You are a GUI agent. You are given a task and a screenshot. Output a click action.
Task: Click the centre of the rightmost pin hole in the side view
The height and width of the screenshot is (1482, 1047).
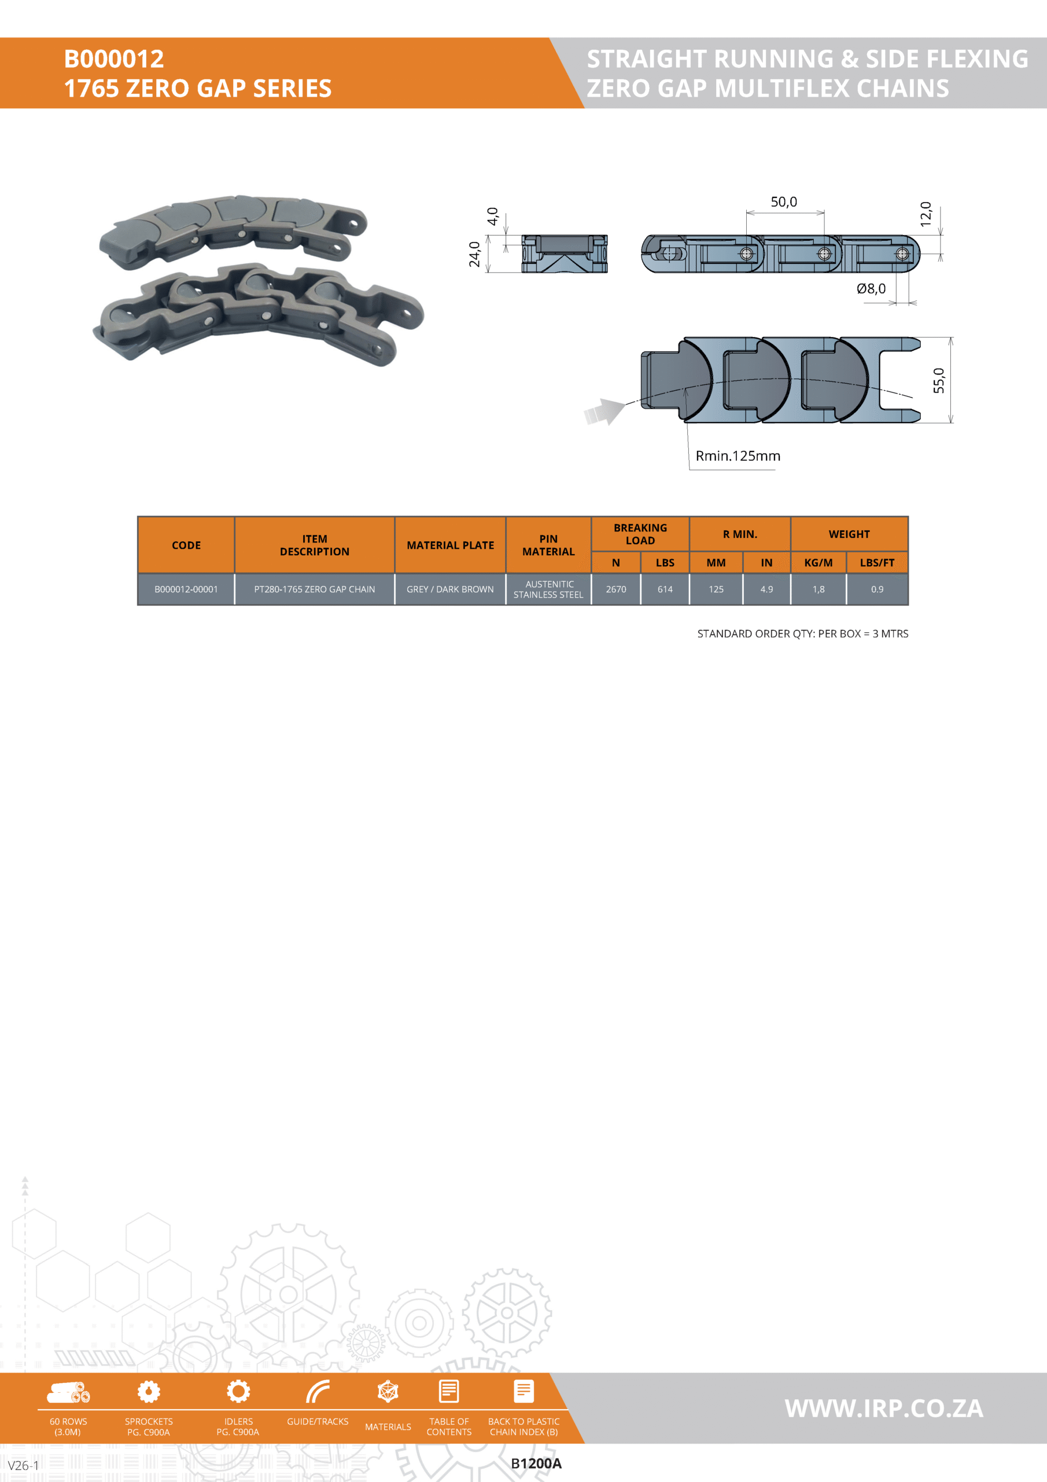coord(902,254)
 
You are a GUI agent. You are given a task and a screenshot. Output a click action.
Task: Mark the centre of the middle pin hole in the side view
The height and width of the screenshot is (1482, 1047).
coord(824,254)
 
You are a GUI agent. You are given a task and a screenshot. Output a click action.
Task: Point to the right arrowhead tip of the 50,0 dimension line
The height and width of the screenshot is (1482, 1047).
coord(824,212)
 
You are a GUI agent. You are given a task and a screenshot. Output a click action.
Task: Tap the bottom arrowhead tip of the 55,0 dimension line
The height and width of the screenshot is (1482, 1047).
coord(951,423)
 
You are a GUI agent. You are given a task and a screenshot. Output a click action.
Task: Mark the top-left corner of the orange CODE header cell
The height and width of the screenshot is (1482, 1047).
coord(138,516)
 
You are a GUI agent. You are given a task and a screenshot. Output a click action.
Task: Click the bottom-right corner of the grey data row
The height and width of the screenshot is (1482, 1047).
coord(908,605)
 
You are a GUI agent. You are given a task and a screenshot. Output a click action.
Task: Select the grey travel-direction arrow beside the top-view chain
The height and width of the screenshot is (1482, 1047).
coord(604,411)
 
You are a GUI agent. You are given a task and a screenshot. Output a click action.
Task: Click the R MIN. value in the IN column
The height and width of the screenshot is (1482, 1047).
coord(766,589)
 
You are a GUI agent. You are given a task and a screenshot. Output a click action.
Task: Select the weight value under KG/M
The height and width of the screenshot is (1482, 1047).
coord(819,589)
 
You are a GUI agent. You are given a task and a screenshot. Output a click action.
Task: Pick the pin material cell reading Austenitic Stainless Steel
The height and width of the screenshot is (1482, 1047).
coord(548,589)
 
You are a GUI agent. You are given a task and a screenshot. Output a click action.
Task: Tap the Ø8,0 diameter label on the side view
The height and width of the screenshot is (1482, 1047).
coord(871,288)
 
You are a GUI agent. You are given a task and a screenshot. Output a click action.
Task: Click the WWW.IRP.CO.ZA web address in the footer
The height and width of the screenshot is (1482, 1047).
coord(884,1408)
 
